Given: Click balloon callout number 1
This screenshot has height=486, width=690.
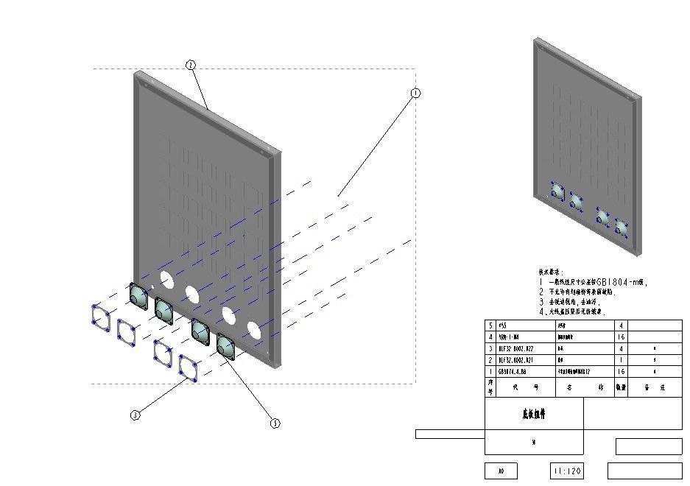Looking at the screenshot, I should [415, 94].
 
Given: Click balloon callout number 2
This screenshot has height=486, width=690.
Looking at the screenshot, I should [191, 66].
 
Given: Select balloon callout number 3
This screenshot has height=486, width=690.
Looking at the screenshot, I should [135, 415].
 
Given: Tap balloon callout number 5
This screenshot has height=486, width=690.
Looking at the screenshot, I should [275, 423].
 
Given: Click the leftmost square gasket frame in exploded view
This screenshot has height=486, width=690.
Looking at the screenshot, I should [101, 317].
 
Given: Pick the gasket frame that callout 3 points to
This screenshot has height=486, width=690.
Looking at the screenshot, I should [189, 367].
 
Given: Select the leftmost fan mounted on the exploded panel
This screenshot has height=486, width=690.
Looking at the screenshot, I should [138, 295].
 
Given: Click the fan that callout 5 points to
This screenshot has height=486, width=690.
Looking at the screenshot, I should [226, 346].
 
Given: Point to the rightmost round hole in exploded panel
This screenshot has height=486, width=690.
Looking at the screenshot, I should [253, 330].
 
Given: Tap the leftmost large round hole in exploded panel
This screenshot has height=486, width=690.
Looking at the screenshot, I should [166, 279].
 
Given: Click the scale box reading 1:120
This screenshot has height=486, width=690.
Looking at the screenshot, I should [566, 471].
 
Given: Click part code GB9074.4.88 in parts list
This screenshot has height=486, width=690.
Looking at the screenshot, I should [513, 372].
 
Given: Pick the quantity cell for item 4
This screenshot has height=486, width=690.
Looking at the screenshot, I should [621, 337].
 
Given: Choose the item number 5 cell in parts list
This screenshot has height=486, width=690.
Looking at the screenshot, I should [491, 325].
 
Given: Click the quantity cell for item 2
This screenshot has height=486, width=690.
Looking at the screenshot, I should [621, 360].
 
